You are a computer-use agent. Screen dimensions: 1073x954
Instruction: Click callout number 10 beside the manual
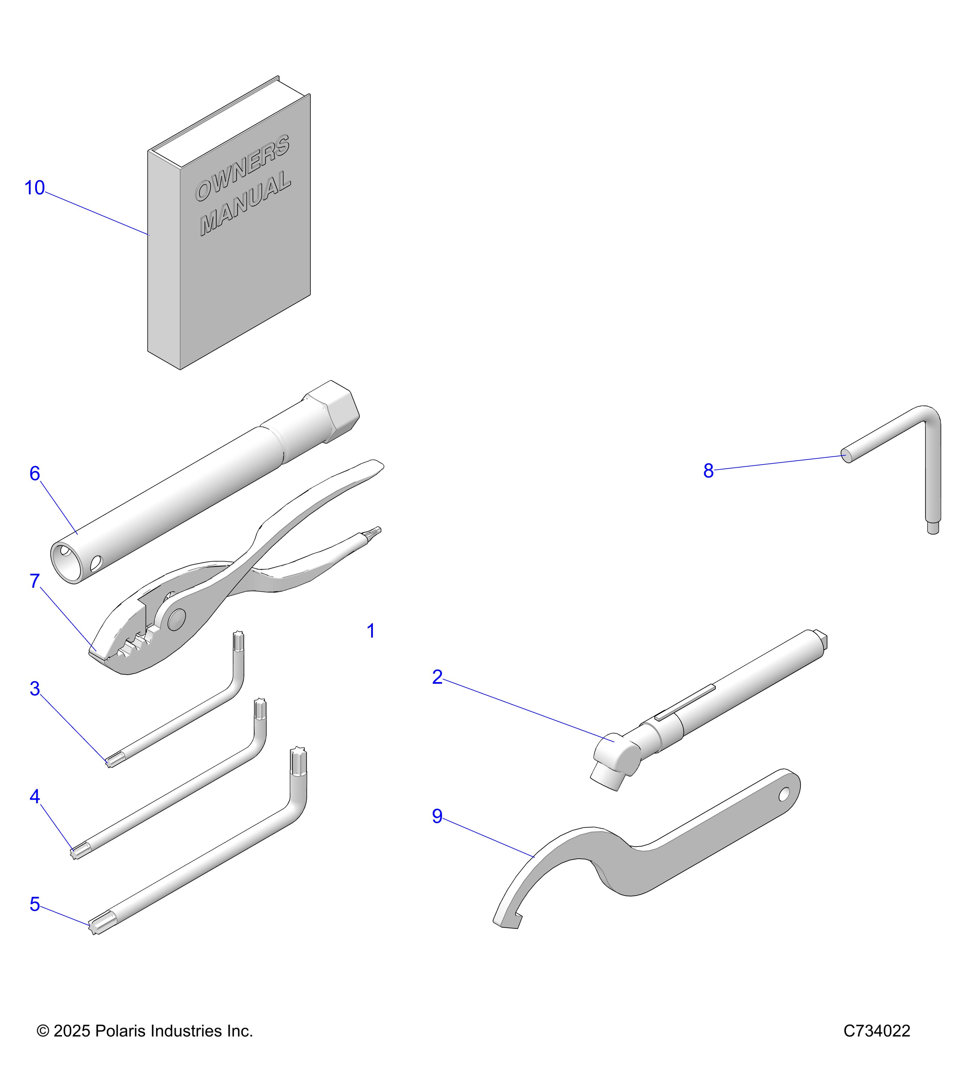(x=35, y=188)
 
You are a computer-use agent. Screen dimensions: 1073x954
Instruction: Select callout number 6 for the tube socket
(x=35, y=474)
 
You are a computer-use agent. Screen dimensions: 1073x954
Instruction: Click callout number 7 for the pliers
(x=35, y=581)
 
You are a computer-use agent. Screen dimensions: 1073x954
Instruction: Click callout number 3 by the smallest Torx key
(x=35, y=689)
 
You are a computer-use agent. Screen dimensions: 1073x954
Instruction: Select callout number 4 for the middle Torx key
(x=35, y=797)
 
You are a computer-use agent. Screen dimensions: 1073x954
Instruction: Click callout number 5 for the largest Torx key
(x=35, y=905)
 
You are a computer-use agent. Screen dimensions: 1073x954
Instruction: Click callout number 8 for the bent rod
(x=708, y=471)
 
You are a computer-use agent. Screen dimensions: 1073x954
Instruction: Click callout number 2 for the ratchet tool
(x=437, y=677)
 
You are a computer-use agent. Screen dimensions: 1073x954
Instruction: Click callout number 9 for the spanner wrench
(x=437, y=816)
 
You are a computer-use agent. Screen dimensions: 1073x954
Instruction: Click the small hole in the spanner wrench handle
(x=784, y=795)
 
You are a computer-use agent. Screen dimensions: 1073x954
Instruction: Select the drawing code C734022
(x=876, y=1031)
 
